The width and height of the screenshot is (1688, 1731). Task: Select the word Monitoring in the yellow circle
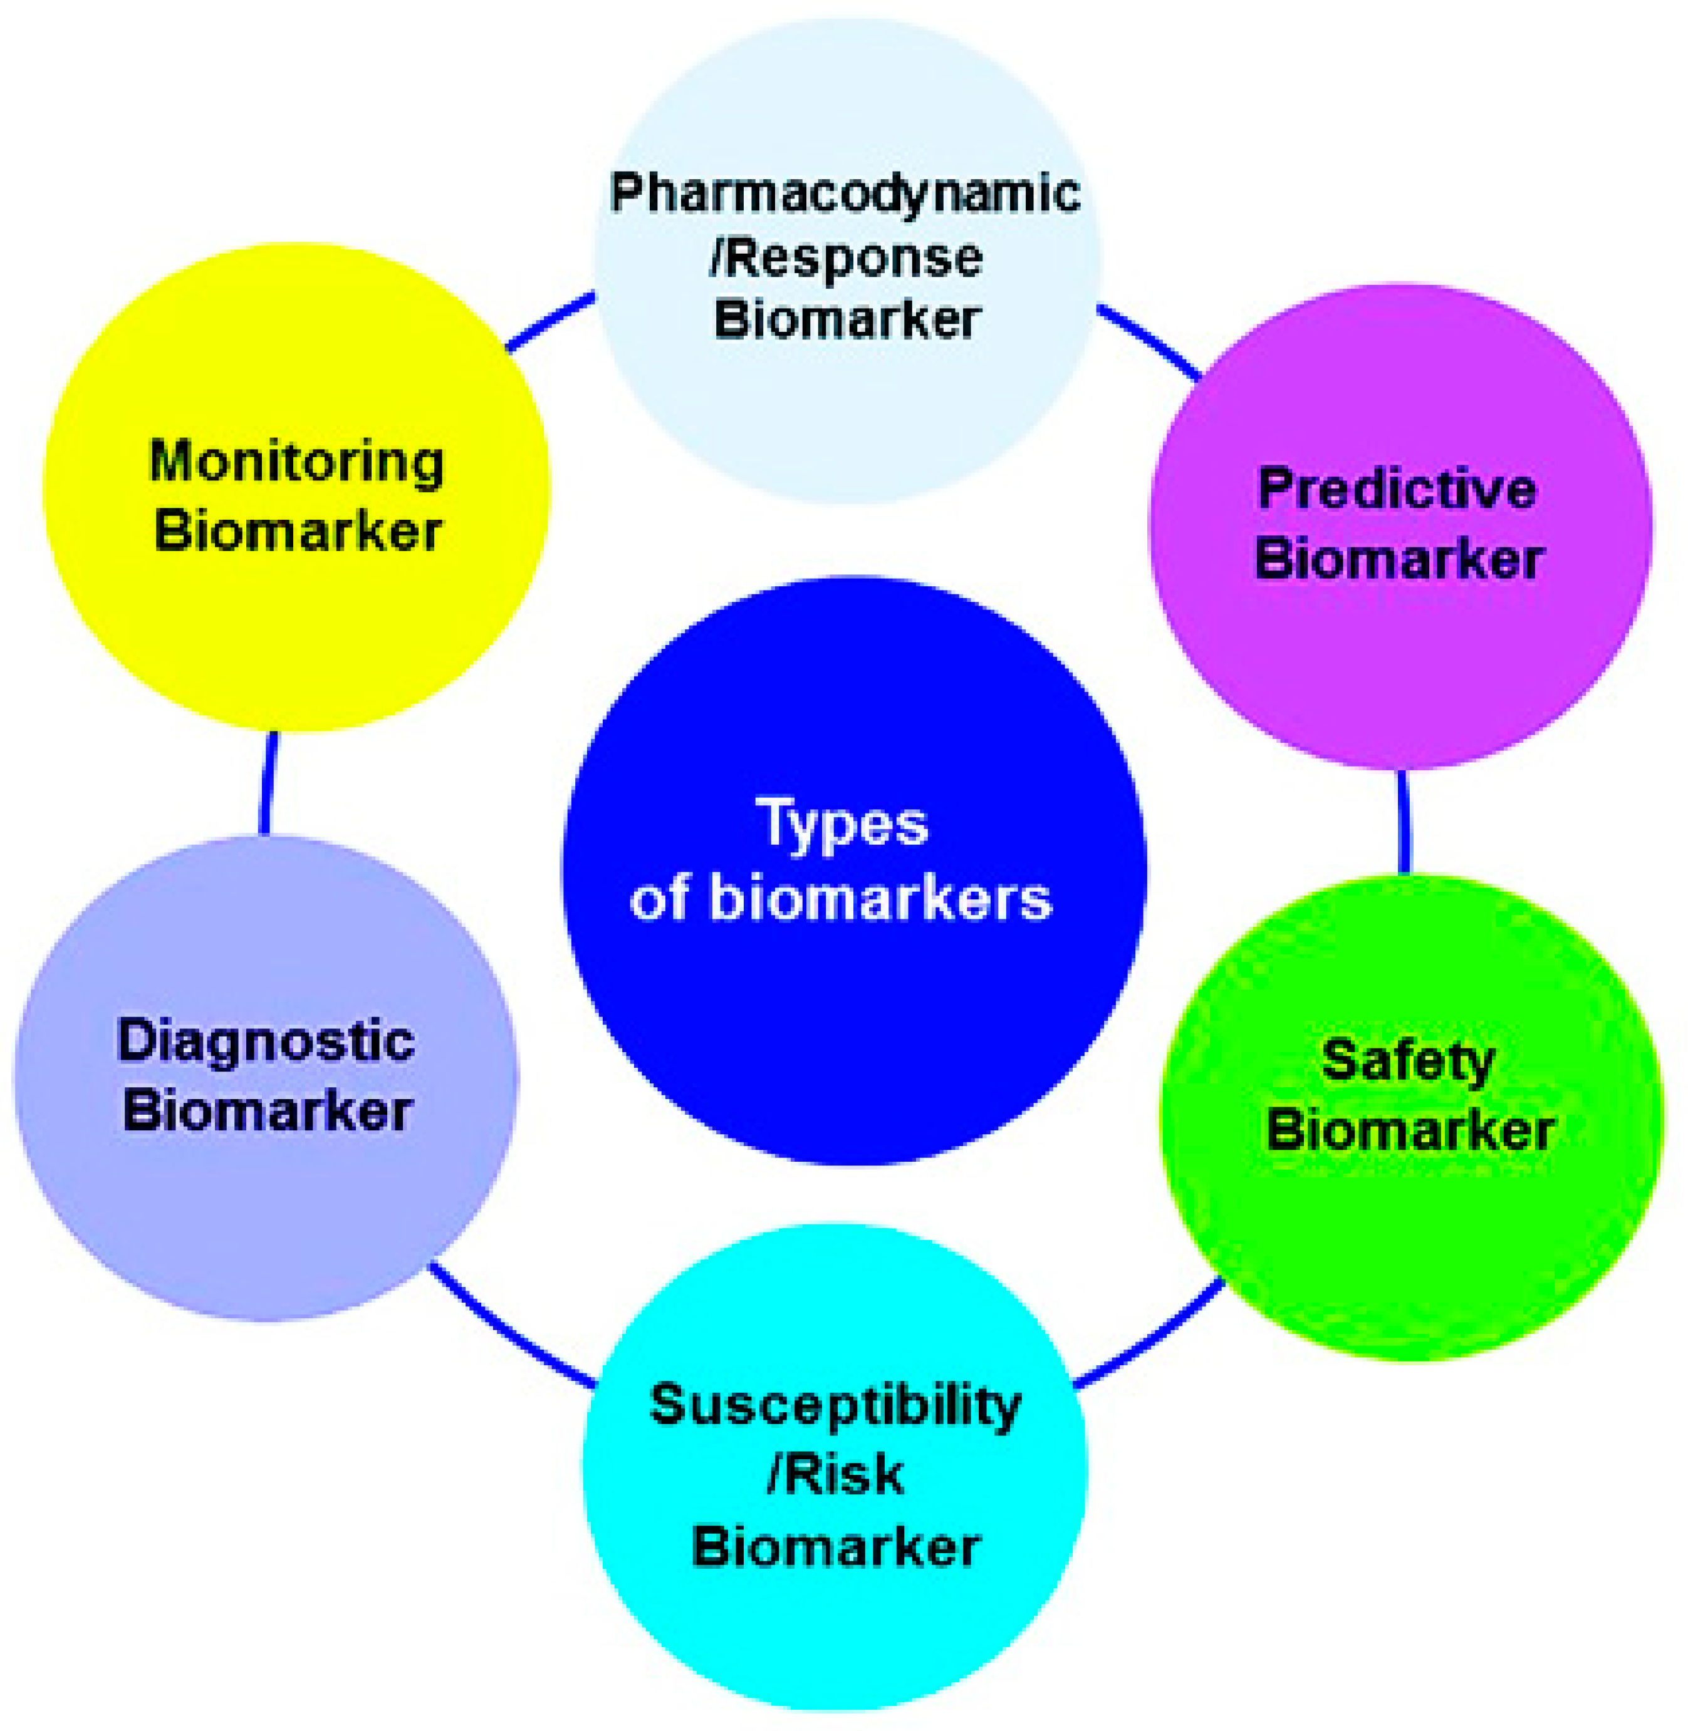(x=297, y=463)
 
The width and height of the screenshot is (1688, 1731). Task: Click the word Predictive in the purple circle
(x=1397, y=489)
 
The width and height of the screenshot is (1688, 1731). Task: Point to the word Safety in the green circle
(x=1409, y=1061)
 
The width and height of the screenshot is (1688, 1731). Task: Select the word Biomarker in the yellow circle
(x=298, y=532)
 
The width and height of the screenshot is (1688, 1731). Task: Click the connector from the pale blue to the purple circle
(x=1149, y=341)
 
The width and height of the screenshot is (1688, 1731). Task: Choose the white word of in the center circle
(x=660, y=899)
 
